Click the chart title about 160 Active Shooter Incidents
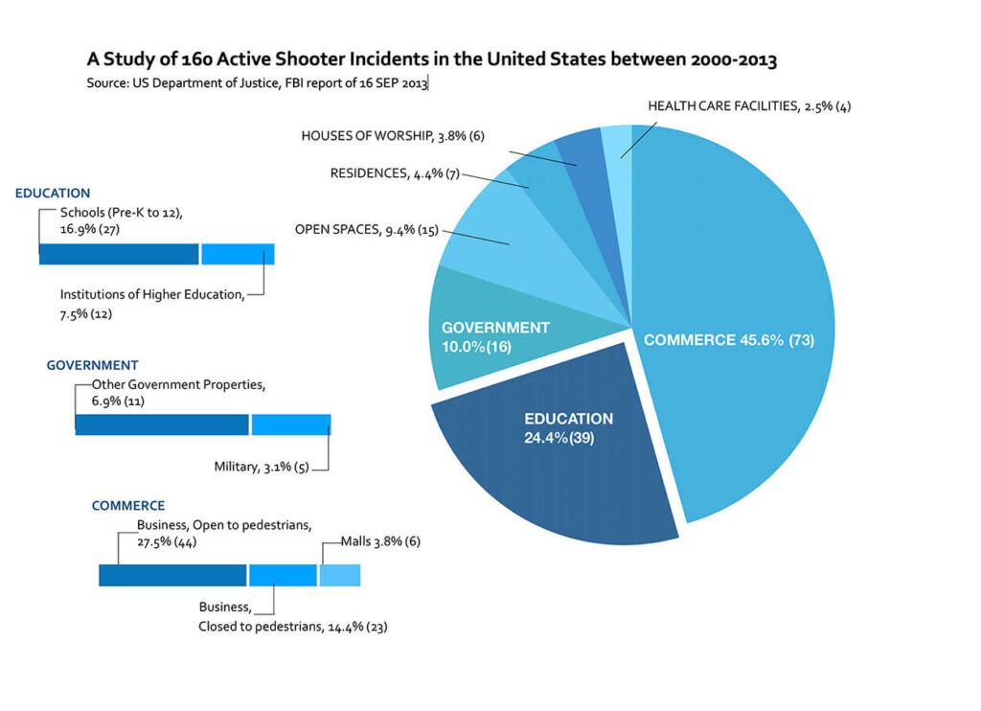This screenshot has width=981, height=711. coord(431,60)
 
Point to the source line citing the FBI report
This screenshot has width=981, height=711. coord(257,83)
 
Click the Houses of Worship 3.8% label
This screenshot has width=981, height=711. coord(393,136)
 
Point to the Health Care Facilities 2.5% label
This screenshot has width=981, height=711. coord(749,106)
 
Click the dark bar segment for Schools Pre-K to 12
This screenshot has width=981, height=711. coord(119,254)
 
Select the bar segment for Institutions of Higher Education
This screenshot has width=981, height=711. coord(238,254)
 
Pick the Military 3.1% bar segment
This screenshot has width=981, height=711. coord(291,424)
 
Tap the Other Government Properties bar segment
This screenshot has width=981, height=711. coord(161,424)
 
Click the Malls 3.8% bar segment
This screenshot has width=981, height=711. coord(340,575)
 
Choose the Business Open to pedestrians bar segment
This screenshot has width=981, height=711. coord(172,575)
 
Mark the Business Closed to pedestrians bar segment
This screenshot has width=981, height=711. coord(283,575)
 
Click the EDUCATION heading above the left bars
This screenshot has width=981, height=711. coord(53,194)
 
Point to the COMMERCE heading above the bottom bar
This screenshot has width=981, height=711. coord(128,506)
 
